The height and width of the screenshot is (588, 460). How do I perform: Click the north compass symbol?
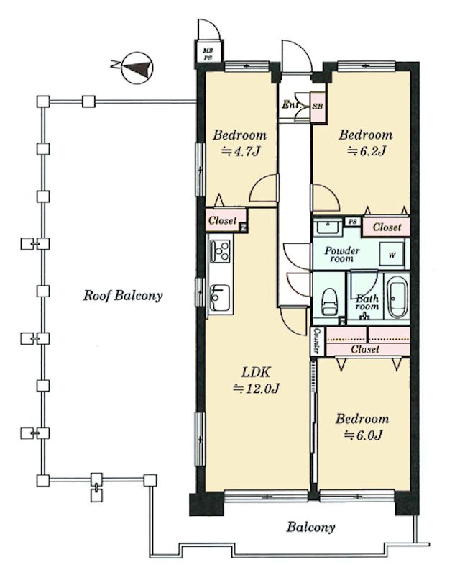pos(138,68)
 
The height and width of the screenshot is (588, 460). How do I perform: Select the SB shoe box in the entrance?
pos(318,107)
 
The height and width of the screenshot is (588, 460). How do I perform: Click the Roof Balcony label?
pos(123,296)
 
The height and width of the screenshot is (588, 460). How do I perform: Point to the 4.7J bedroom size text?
pos(241,152)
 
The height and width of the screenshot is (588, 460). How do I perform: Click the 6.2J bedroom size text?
pos(367,151)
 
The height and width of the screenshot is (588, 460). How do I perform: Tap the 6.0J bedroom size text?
pos(362,435)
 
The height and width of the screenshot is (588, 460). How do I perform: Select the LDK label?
pos(256,372)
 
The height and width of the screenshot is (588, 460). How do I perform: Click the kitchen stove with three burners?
pos(220,251)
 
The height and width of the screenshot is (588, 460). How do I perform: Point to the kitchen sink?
pos(220,298)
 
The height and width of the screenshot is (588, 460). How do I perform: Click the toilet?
pos(330,302)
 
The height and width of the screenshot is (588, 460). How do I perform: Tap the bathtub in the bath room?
pos(398,298)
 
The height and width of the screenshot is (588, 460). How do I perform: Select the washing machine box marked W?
pos(392,255)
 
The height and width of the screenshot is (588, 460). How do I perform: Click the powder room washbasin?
pos(328,227)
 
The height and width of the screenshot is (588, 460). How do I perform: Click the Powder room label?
pos(342,254)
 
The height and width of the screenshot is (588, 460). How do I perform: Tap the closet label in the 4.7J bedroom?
pos(223,220)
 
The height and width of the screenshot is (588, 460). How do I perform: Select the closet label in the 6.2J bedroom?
pos(387,227)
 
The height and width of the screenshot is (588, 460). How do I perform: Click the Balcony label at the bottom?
pos(311,528)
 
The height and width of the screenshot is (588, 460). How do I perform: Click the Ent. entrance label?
pos(291,104)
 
